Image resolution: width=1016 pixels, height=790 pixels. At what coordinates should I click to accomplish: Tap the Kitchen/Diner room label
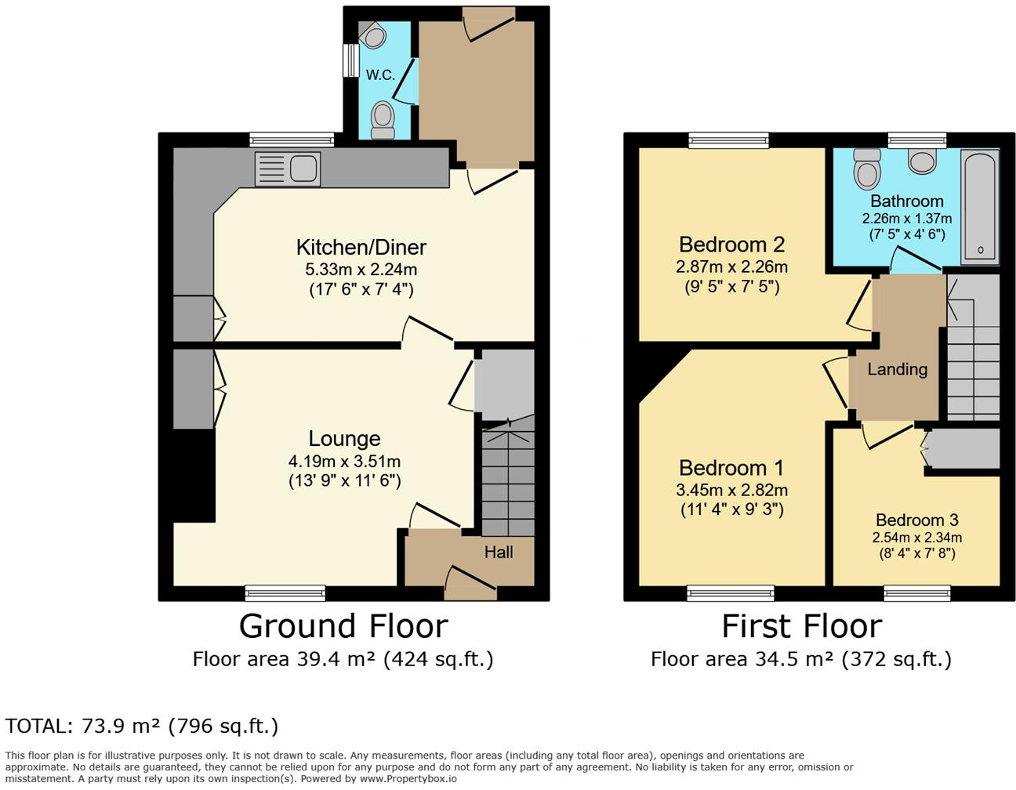point(361,248)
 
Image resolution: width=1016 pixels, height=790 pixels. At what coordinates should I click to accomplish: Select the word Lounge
point(344,439)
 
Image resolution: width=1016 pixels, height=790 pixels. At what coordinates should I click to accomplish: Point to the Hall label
point(499,552)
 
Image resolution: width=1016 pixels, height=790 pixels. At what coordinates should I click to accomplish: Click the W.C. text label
point(380,75)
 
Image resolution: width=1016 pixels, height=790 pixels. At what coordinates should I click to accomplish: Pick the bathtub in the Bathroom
point(979,205)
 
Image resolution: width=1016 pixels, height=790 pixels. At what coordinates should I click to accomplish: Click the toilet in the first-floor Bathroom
point(867,166)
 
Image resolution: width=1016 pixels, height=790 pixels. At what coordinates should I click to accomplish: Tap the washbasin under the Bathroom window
point(922,160)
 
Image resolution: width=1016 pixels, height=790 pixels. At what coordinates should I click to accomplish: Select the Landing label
point(898,369)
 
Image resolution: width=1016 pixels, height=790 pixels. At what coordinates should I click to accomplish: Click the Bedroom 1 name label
point(731,468)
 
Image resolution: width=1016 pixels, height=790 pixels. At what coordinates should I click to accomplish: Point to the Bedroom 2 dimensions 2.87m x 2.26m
point(731,266)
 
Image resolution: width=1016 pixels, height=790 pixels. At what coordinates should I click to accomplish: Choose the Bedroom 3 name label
point(916,520)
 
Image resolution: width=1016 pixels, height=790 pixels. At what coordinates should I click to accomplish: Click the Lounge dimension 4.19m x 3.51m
point(344,462)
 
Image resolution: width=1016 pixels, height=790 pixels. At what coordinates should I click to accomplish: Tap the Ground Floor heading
point(343,626)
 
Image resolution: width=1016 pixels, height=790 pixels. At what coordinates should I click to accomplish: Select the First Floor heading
point(801,626)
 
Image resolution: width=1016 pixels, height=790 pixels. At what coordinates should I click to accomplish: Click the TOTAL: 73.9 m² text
point(142,726)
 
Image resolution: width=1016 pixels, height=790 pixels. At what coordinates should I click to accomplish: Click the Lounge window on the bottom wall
point(285,593)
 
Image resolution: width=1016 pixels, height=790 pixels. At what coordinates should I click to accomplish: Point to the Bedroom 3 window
point(916,593)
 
